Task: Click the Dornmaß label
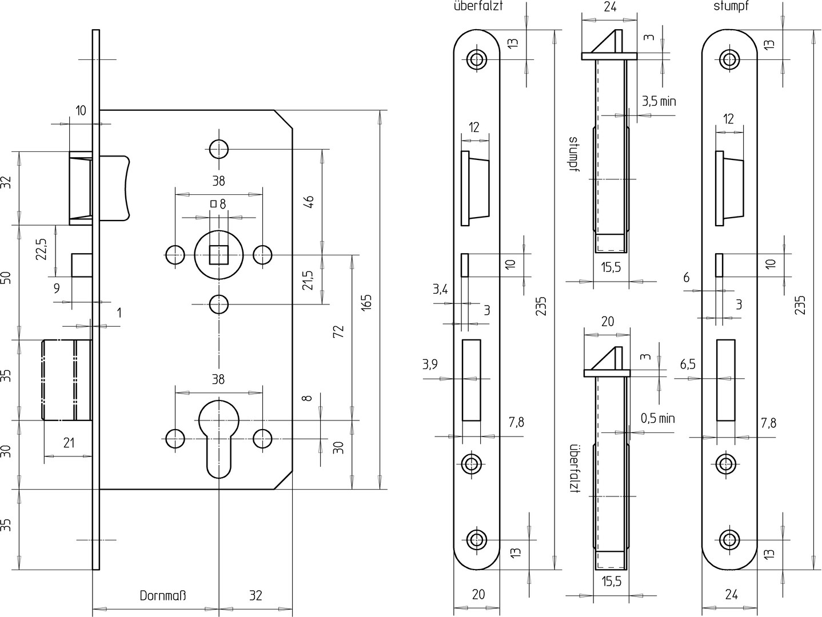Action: click(x=163, y=596)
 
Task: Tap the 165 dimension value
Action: click(x=366, y=302)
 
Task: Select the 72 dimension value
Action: click(x=338, y=332)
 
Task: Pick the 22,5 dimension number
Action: click(x=41, y=249)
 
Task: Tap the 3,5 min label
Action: click(x=659, y=102)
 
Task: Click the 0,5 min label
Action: click(x=657, y=418)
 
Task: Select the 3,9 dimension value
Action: click(x=430, y=364)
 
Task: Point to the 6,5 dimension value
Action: click(x=688, y=364)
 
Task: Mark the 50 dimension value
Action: click(x=6, y=278)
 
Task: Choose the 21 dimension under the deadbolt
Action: click(x=69, y=442)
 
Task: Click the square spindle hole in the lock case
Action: click(x=218, y=254)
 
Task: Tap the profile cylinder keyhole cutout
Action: click(x=218, y=437)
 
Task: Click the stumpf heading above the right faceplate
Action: click(x=731, y=7)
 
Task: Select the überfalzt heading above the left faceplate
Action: click(x=478, y=7)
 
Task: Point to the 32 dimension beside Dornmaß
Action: click(x=256, y=596)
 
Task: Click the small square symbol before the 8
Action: click(x=213, y=203)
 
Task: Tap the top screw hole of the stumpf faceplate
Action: click(x=728, y=59)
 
